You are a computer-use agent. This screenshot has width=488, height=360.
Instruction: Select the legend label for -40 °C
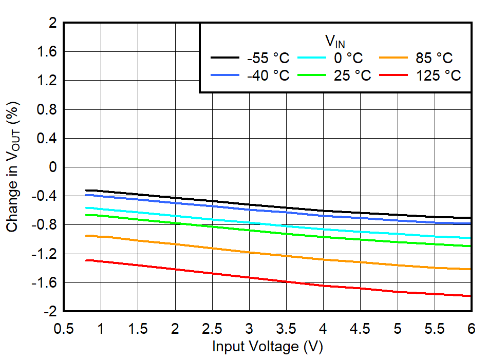(268, 75)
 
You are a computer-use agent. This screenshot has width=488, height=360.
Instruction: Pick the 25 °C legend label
(352, 75)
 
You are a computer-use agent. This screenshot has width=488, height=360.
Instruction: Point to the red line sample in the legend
(395, 75)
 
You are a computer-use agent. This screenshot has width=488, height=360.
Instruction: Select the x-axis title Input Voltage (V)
(267, 347)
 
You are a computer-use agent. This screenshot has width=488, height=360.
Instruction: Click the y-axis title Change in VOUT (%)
(13, 167)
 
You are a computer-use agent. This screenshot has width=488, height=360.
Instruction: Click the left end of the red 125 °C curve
(86, 260)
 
